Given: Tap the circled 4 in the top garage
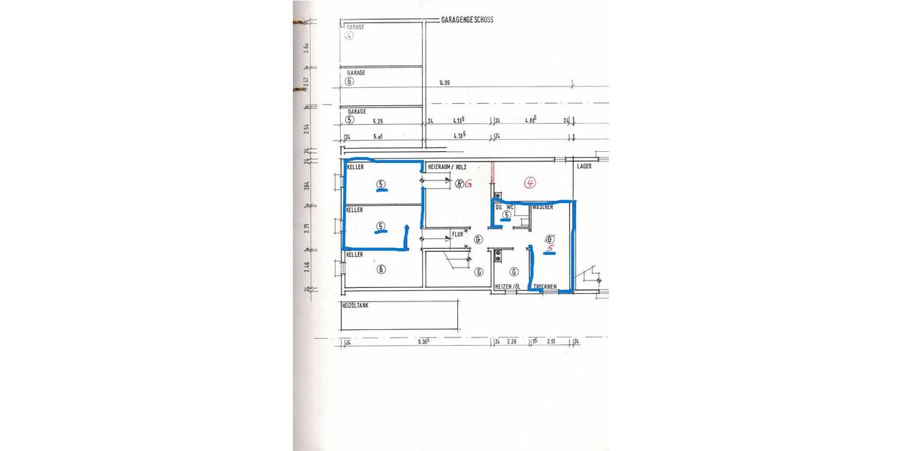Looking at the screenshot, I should pyautogui.click(x=349, y=36).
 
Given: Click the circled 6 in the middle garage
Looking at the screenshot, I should pyautogui.click(x=349, y=81).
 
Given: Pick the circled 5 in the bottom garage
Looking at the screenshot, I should pyautogui.click(x=349, y=120).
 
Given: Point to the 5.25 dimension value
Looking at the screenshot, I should pyautogui.click(x=378, y=120).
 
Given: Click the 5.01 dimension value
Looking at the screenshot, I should pyautogui.click(x=378, y=138).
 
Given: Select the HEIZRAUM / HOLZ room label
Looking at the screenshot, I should pyautogui.click(x=447, y=166).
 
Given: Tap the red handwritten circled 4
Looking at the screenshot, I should pyautogui.click(x=529, y=182).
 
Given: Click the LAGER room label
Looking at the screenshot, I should pyautogui.click(x=585, y=166).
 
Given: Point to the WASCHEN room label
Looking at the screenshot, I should pyautogui.click(x=543, y=206).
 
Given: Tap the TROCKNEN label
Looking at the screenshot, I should pyautogui.click(x=544, y=287).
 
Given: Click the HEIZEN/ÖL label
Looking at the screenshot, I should pyautogui.click(x=508, y=287).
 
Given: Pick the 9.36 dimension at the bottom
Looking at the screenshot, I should pyautogui.click(x=421, y=341).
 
